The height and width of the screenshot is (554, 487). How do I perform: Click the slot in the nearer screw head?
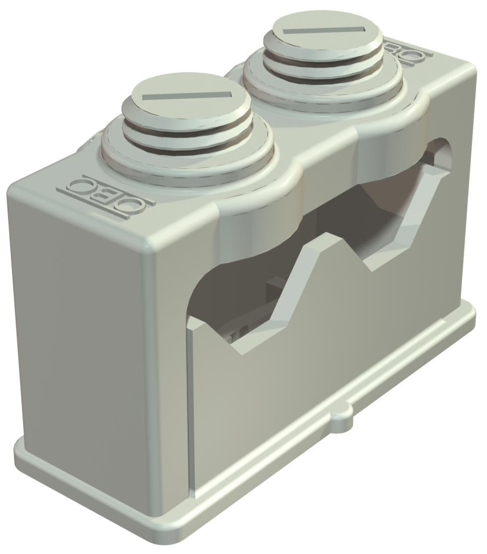[x=187, y=96]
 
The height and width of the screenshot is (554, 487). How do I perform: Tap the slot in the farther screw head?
[x=323, y=31]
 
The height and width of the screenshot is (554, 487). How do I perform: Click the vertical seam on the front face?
[x=191, y=403]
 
